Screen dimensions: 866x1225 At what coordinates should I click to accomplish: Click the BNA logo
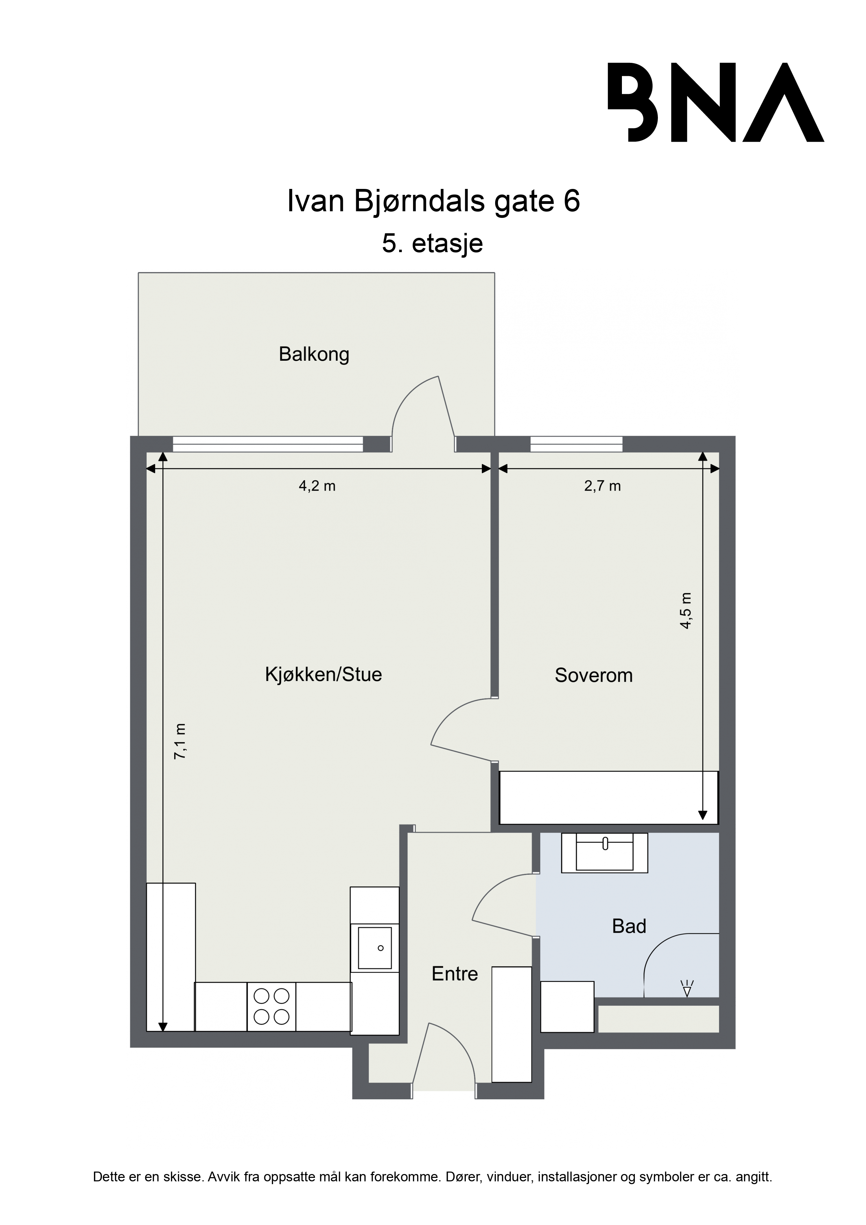[x=716, y=102]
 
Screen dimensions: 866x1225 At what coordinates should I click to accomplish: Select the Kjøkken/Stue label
[x=323, y=674]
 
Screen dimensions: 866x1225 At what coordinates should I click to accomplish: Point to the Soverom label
[x=593, y=675]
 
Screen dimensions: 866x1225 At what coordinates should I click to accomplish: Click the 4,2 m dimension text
[x=317, y=486]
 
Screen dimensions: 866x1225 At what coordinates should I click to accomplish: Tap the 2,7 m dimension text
[x=602, y=486]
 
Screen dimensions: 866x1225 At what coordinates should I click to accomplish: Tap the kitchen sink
[x=375, y=948]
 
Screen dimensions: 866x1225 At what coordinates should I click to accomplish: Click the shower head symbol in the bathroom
[x=687, y=988]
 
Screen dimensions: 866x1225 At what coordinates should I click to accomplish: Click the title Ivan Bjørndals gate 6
[x=433, y=202]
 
